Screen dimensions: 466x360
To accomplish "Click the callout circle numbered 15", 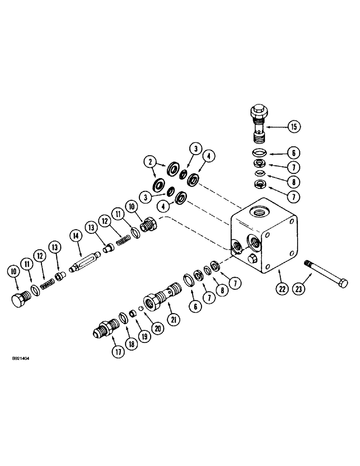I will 294,126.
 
